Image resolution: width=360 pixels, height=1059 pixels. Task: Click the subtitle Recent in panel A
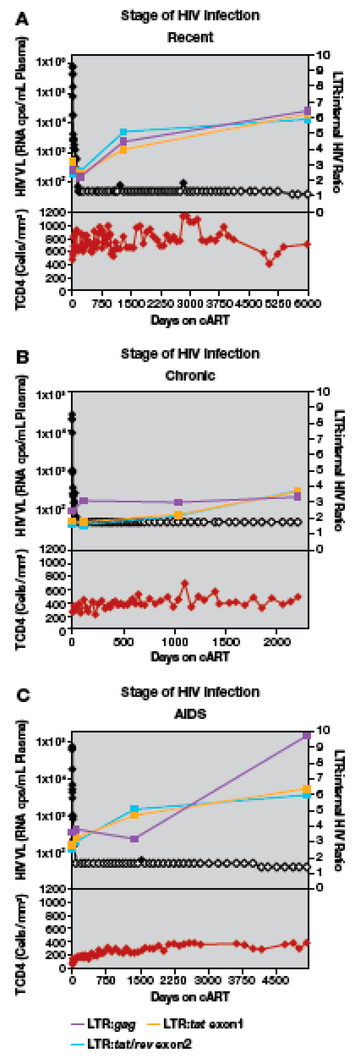[190, 37]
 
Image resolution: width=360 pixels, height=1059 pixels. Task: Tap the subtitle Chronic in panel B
[190, 375]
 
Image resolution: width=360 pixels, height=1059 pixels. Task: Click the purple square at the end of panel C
[306, 735]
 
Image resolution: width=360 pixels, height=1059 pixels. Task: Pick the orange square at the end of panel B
[297, 491]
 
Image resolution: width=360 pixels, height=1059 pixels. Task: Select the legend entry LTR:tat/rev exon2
[139, 1044]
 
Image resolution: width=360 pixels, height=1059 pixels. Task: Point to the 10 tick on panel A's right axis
[323, 54]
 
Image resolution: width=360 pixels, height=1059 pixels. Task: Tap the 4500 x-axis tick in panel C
[275, 981]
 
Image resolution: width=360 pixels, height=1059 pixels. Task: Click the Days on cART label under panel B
[190, 657]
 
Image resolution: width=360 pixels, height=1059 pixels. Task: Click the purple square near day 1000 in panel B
[178, 502]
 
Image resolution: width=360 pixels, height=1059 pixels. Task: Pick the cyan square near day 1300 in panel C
[134, 809]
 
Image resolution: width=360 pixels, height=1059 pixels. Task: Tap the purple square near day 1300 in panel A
[123, 142]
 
